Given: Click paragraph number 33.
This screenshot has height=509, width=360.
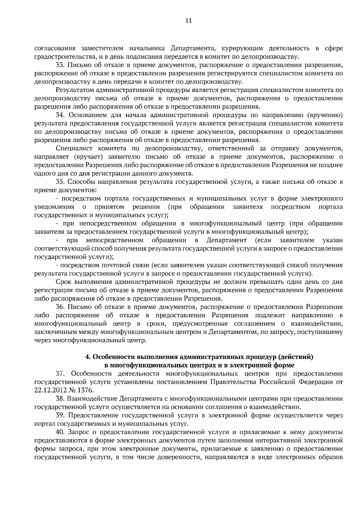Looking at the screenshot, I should pos(60,65).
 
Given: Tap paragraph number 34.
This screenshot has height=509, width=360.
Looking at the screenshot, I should pos(60,115).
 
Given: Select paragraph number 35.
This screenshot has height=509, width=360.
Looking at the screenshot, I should pos(60,182).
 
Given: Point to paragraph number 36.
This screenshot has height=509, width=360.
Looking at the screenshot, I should pos(60,307).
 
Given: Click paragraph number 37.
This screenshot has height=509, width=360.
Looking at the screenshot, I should pos(60,374).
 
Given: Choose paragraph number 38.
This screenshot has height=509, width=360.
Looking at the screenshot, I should pos(60,399).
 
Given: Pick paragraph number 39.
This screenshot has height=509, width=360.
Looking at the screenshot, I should pos(60,415).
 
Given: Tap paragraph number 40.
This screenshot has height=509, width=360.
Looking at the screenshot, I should pos(60,432).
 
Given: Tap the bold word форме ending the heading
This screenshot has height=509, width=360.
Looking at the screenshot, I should pos(284,365).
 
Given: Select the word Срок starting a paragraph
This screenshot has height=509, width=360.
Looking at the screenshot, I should pos(63,282).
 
